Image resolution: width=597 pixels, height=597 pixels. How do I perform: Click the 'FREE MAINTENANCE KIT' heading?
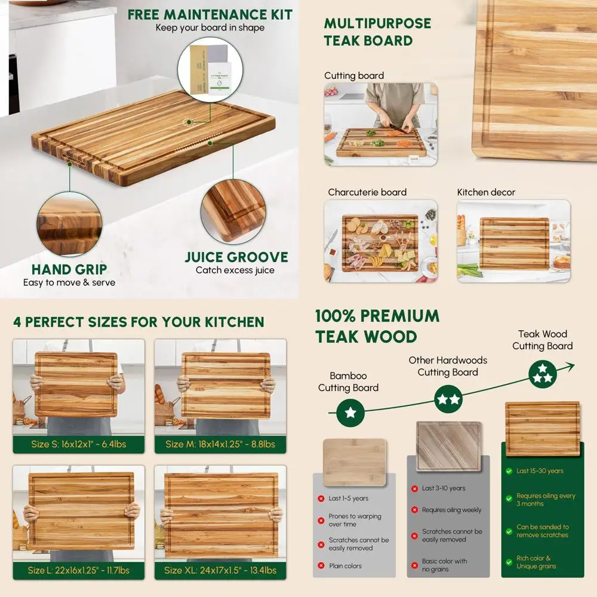tap(210, 14)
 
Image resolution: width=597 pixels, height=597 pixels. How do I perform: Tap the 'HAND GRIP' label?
tap(69, 269)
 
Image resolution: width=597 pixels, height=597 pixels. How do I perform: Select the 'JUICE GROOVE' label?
tap(236, 257)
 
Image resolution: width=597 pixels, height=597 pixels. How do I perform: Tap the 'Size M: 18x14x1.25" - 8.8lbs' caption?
tap(220, 444)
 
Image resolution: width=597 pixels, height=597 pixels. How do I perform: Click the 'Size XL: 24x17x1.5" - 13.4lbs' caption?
tap(220, 570)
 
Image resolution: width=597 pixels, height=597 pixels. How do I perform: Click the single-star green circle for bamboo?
tap(350, 413)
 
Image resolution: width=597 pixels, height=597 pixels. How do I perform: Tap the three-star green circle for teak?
tap(543, 373)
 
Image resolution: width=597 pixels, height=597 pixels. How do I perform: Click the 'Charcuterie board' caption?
tap(367, 192)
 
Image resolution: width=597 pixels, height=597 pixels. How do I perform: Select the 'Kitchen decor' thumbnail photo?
tap(513, 241)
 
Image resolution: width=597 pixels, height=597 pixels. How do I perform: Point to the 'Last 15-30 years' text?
tap(540, 471)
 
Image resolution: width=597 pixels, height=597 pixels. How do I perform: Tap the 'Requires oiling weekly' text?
tap(451, 510)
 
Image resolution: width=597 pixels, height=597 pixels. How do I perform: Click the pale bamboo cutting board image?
tap(354, 462)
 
